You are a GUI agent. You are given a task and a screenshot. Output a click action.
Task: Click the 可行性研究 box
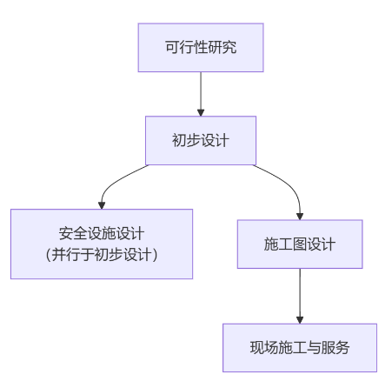200,48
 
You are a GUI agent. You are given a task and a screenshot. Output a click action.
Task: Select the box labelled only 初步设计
200,140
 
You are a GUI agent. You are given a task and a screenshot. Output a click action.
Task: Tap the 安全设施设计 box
102,244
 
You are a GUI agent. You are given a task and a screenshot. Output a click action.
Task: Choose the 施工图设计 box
299,244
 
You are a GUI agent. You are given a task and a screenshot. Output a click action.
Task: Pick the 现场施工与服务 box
299,347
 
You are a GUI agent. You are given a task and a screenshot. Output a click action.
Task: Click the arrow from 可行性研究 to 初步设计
201,91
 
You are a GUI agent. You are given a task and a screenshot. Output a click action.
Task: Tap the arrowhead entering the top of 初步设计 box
201,111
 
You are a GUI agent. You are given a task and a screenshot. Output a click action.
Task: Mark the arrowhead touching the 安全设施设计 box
102,204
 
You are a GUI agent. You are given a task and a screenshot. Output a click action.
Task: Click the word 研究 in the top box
223,48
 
